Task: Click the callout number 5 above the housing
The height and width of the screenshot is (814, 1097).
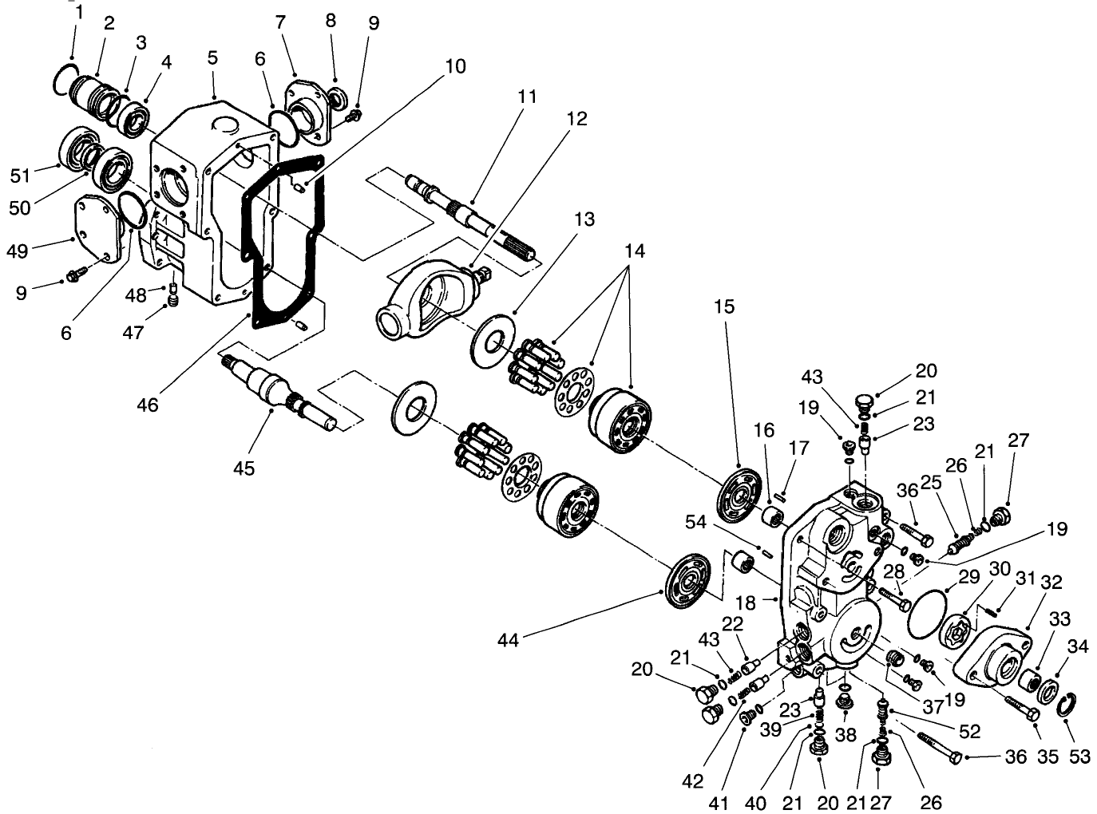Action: point(212,59)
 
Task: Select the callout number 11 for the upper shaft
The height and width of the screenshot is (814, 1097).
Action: point(527,97)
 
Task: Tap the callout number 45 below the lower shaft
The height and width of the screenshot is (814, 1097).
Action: point(244,468)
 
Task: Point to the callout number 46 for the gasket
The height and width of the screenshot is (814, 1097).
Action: point(148,405)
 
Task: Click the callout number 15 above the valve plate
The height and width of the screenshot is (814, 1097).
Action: point(724,307)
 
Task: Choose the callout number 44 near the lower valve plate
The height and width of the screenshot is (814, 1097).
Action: point(508,640)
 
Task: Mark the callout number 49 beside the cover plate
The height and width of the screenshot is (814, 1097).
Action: point(17,251)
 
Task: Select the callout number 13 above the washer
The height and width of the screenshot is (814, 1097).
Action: point(584,219)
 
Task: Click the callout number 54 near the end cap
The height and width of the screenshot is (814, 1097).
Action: point(696,522)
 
